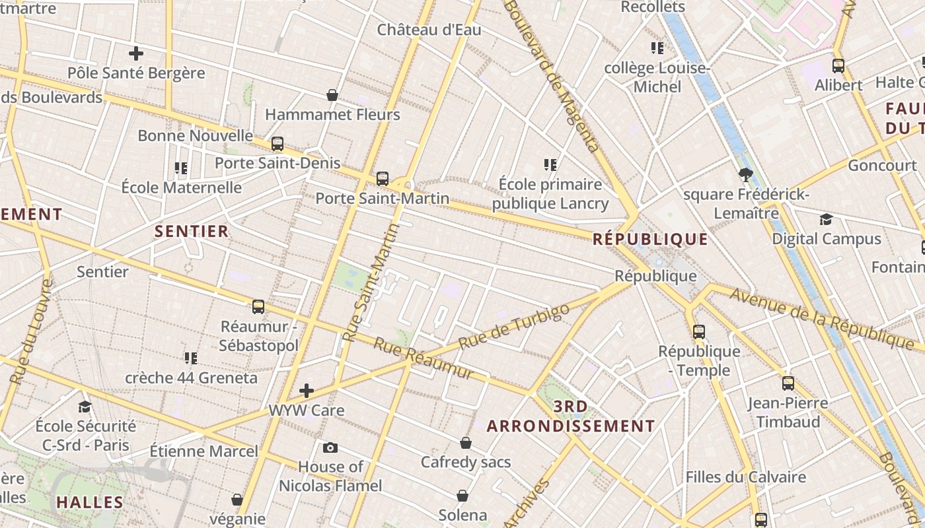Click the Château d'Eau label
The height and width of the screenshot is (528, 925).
coord(429,30)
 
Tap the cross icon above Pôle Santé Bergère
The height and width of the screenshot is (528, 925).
coord(136,53)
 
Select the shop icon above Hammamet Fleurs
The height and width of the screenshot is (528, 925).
coord(332,96)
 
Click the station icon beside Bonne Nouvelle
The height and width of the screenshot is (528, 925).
coord(277,143)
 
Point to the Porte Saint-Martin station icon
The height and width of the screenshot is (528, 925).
coord(382,178)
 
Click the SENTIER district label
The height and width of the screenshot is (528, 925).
coord(192,231)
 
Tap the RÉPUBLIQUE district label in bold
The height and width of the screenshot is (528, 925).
coord(650,239)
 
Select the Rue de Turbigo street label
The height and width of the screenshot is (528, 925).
coord(513,327)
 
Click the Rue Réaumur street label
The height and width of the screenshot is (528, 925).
coord(424,358)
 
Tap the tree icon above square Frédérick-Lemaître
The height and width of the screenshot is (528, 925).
coord(746,175)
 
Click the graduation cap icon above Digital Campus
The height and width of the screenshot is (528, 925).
coord(826,219)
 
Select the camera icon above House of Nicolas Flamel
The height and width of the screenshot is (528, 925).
coord(330,448)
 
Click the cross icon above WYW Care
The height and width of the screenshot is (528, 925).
coord(307,391)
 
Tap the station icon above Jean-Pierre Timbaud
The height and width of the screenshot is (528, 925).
coord(788,383)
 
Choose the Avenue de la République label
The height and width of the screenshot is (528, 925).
coord(822,319)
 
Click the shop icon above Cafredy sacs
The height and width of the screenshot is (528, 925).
coord(466,443)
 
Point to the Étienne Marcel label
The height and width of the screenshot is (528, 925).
coord(203,451)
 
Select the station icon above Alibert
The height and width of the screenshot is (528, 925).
coord(838,66)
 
